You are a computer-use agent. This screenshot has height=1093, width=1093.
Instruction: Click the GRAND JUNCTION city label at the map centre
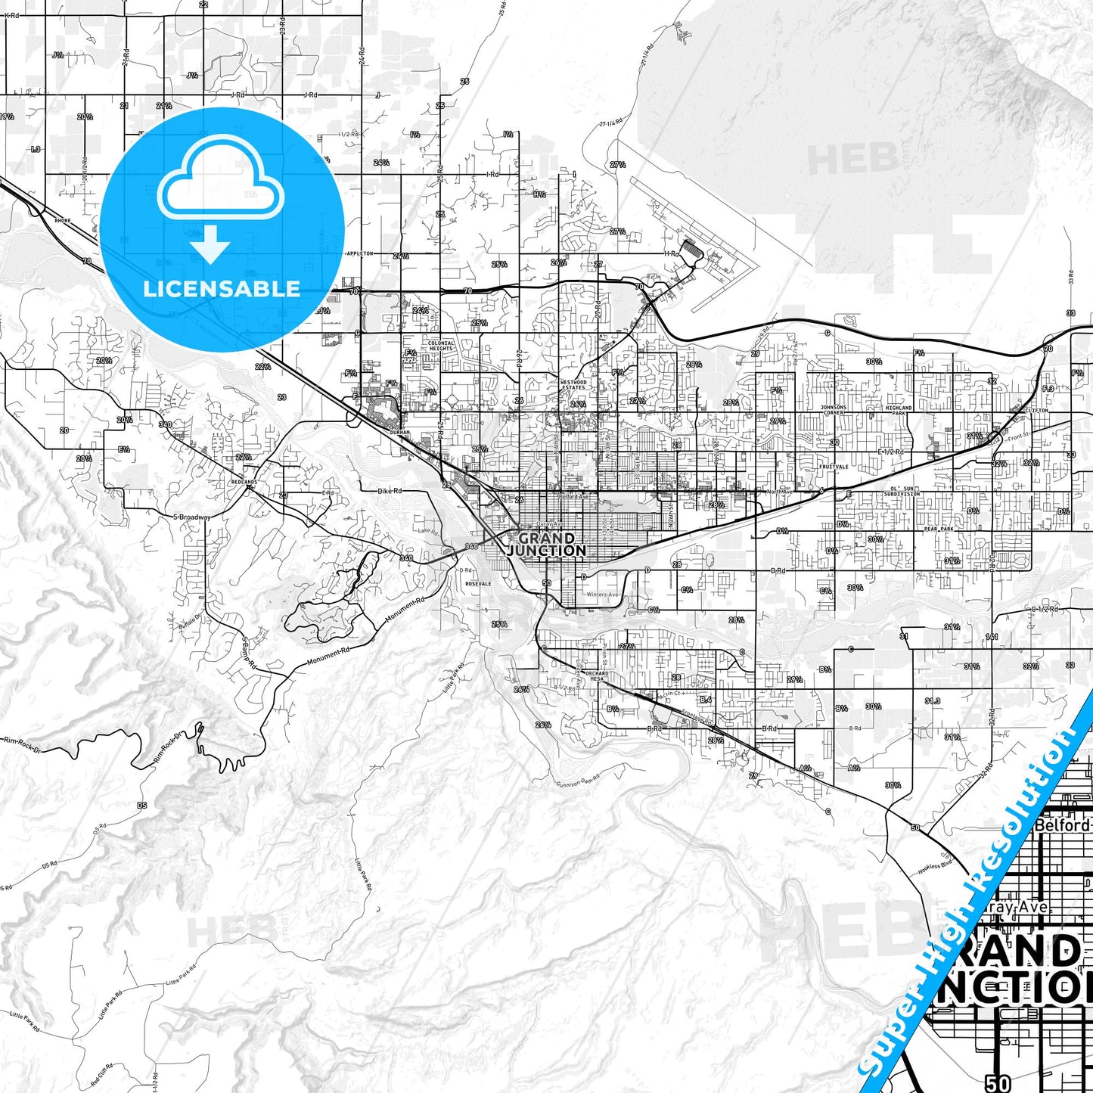pyautogui.click(x=546, y=545)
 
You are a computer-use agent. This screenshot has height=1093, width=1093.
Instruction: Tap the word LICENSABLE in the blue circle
pyautogui.click(x=222, y=288)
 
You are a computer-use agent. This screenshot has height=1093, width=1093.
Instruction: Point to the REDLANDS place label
pyautogui.click(x=244, y=482)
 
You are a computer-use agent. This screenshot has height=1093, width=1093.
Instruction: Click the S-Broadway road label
pyautogui.click(x=191, y=517)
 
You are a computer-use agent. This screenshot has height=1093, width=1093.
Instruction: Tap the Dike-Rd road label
pyautogui.click(x=390, y=491)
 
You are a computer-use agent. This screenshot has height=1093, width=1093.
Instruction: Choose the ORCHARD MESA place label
pyautogui.click(x=596, y=675)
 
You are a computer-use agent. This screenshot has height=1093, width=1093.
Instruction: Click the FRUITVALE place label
pyautogui.click(x=833, y=467)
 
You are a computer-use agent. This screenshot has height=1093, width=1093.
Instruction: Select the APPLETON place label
pyautogui.click(x=360, y=254)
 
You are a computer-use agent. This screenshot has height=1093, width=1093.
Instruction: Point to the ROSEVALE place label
pyautogui.click(x=478, y=584)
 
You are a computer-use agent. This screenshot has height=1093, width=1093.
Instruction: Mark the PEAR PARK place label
pyautogui.click(x=938, y=529)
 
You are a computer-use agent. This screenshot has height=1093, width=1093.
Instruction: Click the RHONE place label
pyautogui.click(x=62, y=220)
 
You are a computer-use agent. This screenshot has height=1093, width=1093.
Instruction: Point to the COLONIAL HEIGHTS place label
pyautogui.click(x=441, y=346)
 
